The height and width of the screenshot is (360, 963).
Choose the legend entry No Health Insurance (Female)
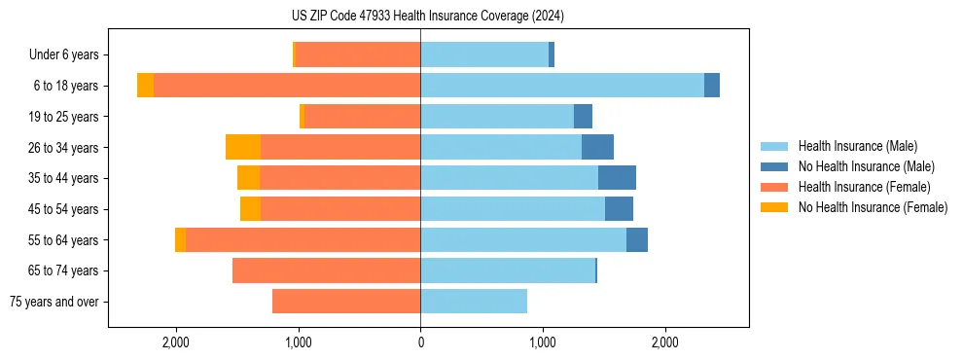[873, 207]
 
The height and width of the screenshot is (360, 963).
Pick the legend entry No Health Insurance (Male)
[866, 166]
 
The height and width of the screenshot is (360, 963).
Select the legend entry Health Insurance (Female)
[864, 187]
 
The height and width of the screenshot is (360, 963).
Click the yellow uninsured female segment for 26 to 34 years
[243, 147]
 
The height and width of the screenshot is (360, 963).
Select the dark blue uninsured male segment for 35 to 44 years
[617, 178]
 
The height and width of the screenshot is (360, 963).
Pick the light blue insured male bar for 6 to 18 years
[562, 86]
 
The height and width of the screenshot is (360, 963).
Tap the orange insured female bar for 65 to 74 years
[326, 270]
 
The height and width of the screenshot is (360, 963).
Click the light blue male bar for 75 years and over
[474, 302]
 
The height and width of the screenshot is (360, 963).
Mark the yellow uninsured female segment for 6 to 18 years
[145, 86]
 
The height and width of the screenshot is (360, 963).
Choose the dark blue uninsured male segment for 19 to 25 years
[583, 117]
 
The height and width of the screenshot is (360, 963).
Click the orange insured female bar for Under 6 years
[357, 54]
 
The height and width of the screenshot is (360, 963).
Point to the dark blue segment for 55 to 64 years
[637, 239]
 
